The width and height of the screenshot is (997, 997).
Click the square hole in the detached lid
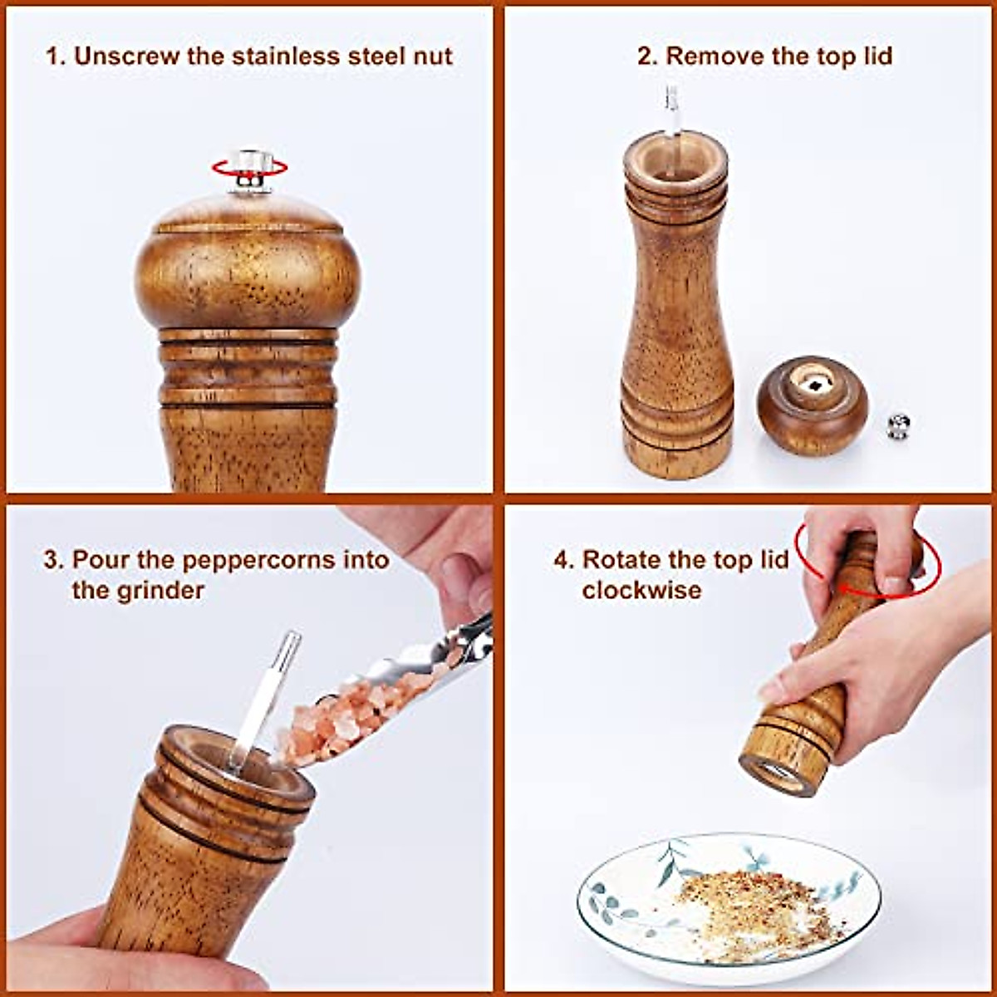[817, 384]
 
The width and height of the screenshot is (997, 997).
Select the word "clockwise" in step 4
[641, 591]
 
